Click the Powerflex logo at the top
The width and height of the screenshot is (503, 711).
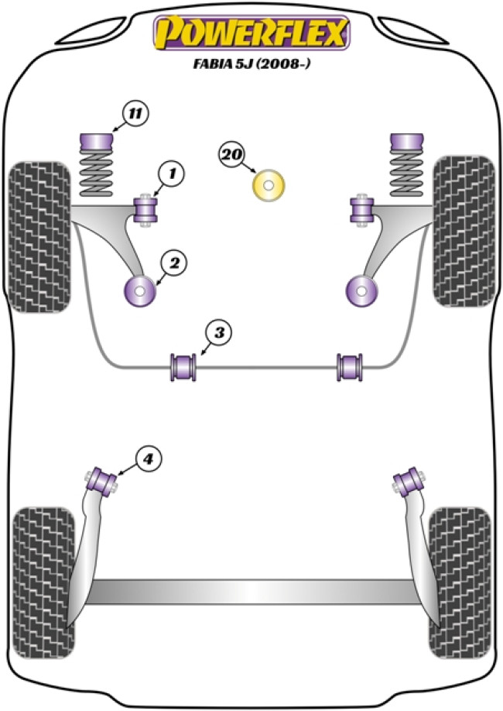tap(251, 33)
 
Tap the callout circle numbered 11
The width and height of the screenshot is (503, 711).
tap(134, 115)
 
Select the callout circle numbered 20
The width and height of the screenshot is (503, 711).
tap(230, 155)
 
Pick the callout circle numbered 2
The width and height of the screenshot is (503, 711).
tap(173, 264)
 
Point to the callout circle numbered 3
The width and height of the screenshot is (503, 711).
tap(219, 334)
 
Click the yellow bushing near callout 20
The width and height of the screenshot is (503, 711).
tap(269, 186)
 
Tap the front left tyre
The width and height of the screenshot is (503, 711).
tap(37, 236)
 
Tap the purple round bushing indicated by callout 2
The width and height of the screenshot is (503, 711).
tap(141, 291)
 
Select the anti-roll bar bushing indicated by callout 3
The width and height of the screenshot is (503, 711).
tap(184, 366)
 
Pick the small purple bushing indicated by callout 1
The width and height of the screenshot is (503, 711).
tap(145, 210)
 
